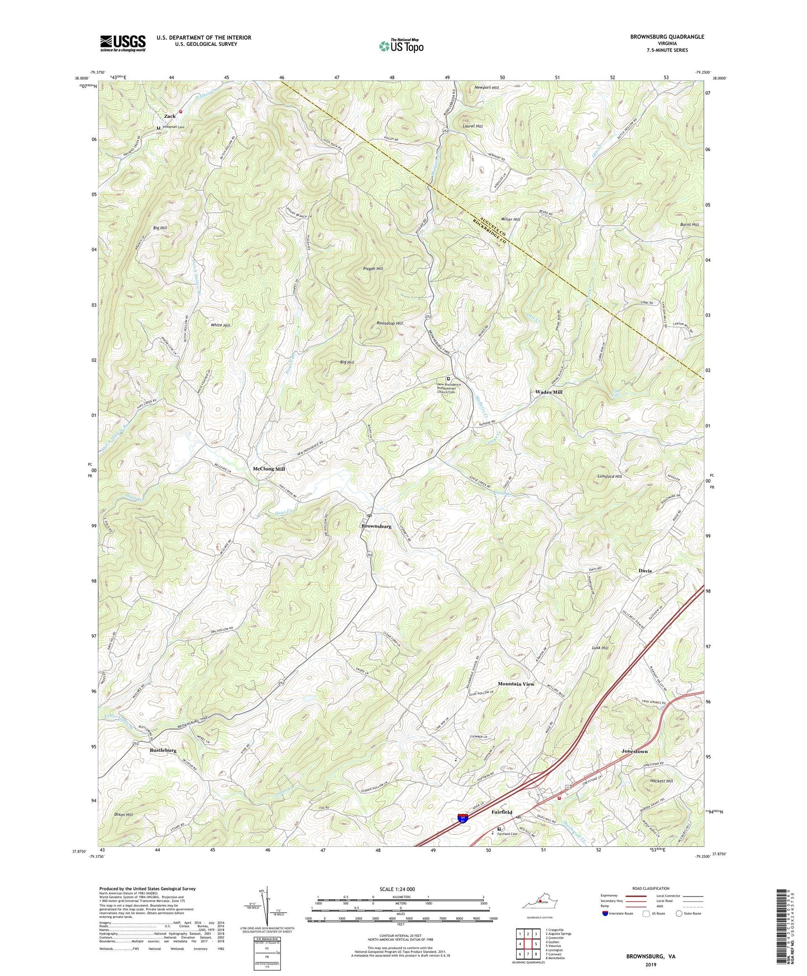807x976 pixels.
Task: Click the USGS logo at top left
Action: tap(122, 43)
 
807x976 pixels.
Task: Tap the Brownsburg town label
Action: tap(376, 526)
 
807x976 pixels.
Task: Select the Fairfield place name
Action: tap(502, 812)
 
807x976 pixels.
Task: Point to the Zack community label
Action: tap(169, 116)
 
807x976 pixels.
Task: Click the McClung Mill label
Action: tap(269, 469)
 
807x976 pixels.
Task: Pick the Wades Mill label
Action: tap(548, 392)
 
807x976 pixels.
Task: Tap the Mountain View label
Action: tap(515, 684)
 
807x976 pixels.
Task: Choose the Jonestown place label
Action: tap(634, 751)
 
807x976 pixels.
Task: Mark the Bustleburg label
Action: tap(163, 750)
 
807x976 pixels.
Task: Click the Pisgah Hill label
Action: tap(373, 269)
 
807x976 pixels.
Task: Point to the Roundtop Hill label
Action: tap(389, 323)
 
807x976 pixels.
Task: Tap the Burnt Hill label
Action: tap(689, 224)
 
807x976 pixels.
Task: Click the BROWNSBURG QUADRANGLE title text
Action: tap(667, 37)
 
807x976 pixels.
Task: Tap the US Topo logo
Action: tap(400, 46)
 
